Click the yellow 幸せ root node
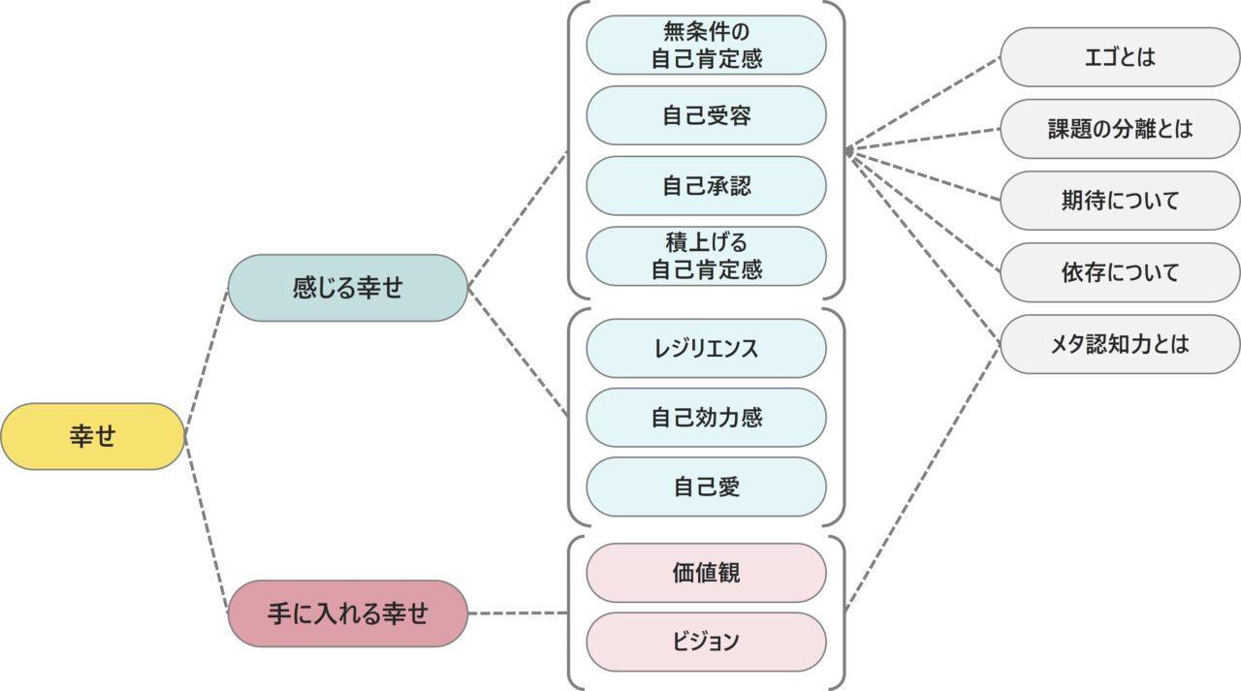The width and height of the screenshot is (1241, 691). tap(92, 436)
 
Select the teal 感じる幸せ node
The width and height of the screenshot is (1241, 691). tap(347, 288)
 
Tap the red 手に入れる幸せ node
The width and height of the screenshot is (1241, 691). tap(347, 613)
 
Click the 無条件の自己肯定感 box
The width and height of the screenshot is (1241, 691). tap(706, 45)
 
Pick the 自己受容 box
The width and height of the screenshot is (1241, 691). tap(706, 115)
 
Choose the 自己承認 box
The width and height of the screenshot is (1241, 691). tap(706, 185)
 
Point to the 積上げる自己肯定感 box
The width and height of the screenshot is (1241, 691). tap(706, 256)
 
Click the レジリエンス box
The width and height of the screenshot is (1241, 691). tap(706, 348)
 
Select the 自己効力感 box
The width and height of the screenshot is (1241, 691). tap(706, 418)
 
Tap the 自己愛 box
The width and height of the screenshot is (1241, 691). tap(706, 487)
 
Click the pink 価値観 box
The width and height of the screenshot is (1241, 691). tap(706, 573)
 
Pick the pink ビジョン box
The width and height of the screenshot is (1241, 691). tap(706, 642)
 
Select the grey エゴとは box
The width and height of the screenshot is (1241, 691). tap(1120, 57)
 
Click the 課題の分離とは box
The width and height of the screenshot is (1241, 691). tap(1120, 129)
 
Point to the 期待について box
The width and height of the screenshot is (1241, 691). tap(1120, 201)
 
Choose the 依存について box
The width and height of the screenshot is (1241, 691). tap(1120, 272)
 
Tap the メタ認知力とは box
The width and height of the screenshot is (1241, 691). tap(1120, 344)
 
